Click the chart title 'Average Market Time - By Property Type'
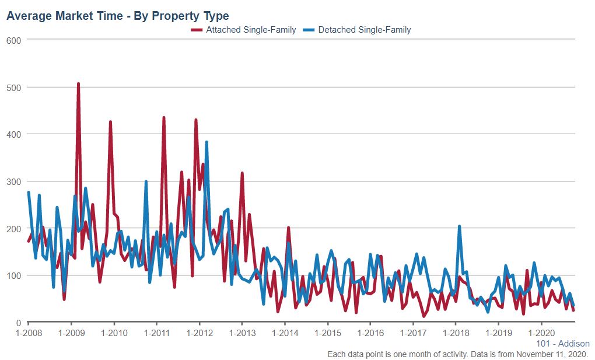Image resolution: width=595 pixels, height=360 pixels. click(x=117, y=16)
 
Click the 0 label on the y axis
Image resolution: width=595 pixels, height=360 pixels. click(x=17, y=323)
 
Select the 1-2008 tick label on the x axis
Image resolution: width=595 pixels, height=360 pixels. click(x=28, y=333)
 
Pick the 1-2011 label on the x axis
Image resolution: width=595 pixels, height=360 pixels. click(x=156, y=333)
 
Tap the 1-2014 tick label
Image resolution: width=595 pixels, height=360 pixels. click(x=285, y=333)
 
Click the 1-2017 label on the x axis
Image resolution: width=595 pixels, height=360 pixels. click(x=413, y=333)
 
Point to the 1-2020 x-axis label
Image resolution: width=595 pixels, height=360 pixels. click(x=541, y=333)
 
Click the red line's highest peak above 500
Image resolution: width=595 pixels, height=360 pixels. click(x=78, y=84)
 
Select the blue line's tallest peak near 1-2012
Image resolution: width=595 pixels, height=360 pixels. click(x=206, y=142)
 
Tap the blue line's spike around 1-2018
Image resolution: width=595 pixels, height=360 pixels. click(x=460, y=226)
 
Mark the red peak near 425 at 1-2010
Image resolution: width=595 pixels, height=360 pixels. click(x=110, y=122)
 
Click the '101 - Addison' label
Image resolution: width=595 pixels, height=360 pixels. click(x=562, y=344)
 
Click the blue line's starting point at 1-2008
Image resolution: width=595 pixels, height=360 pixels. click(x=29, y=193)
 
